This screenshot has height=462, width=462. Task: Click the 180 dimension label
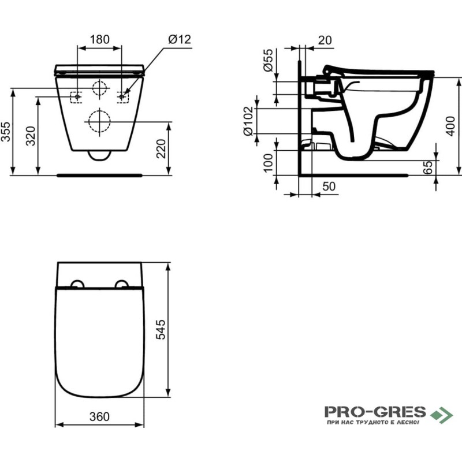pyautogui.click(x=99, y=39)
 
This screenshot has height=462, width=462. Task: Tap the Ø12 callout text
pyautogui.click(x=180, y=39)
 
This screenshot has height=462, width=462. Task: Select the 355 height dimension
pyautogui.click(x=6, y=132)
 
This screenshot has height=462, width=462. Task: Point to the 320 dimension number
pyautogui.click(x=31, y=136)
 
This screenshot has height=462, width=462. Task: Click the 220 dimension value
pyautogui.click(x=161, y=149)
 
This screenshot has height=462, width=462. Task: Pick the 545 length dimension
pyautogui.click(x=161, y=329)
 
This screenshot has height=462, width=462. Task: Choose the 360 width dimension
pyautogui.click(x=99, y=416)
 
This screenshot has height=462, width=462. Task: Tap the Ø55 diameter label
pyautogui.click(x=269, y=61)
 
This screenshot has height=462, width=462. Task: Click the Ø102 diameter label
pyautogui.click(x=248, y=121)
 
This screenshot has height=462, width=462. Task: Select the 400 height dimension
pyautogui.click(x=450, y=126)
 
